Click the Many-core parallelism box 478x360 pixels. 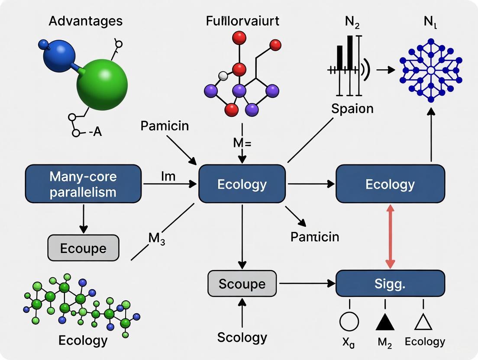[83, 184]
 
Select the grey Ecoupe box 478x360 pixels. [83, 248]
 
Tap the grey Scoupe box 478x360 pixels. [242, 284]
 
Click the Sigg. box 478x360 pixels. [390, 284]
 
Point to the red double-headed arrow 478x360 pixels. [390, 237]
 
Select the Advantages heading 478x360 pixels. [85, 21]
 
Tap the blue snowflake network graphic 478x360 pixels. [430, 70]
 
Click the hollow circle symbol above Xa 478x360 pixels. [349, 322]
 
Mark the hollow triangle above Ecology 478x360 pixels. [424, 322]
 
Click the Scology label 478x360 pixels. [242, 337]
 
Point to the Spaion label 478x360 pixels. [352, 108]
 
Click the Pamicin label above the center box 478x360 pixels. [165, 126]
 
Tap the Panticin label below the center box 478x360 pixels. [315, 237]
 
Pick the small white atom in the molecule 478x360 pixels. [223, 76]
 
